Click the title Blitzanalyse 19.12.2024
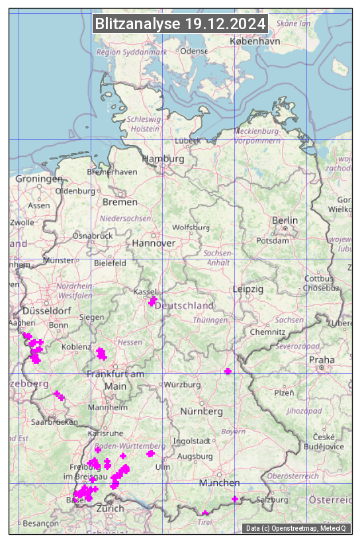[180, 24]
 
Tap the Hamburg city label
[163, 159]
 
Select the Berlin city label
[285, 220]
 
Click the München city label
[220, 483]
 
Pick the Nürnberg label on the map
[201, 412]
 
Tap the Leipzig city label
[248, 289]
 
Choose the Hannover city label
[154, 244]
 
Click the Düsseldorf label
[47, 310]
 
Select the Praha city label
[322, 359]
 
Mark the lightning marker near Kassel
[153, 301]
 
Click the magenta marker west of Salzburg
[235, 498]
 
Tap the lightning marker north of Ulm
[151, 453]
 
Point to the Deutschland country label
[184, 305]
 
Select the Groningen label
[39, 179]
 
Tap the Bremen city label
[120, 202]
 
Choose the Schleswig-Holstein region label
[144, 124]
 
